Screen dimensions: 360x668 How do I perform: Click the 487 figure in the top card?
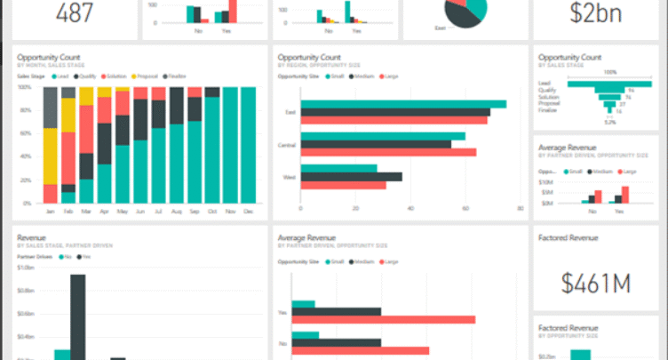click(x=76, y=12)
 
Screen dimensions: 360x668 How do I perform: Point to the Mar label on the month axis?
click(x=87, y=212)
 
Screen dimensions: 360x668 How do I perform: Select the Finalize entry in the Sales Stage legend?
click(x=178, y=76)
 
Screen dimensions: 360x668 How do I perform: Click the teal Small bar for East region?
click(x=403, y=104)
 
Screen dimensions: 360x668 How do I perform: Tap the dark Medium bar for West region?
click(x=351, y=176)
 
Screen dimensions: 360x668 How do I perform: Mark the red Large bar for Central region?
click(x=388, y=152)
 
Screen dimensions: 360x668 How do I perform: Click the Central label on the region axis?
click(x=286, y=143)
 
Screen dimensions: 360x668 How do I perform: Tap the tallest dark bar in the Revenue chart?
click(x=78, y=316)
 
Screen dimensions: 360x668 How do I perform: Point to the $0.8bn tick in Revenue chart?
click(x=27, y=290)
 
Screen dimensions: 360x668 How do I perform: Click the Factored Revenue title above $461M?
click(x=569, y=238)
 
